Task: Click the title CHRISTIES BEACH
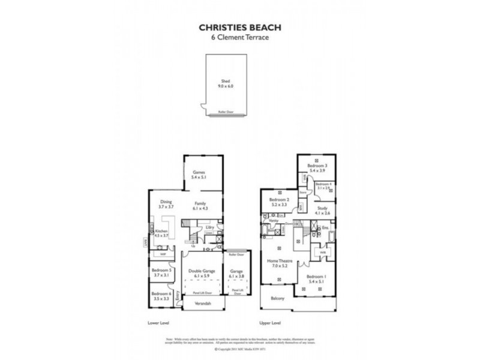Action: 239,27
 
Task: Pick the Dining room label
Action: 166,202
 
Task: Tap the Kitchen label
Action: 161,231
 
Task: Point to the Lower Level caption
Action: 158,322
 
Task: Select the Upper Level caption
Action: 271,322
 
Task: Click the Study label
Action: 323,208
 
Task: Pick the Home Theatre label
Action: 280,262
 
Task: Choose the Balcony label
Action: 277,298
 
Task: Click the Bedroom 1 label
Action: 316,277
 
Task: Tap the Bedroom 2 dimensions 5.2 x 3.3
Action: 280,205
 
